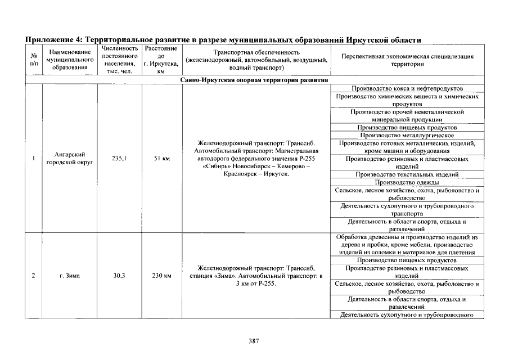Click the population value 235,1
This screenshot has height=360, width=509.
119,159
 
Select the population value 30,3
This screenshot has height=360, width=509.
119,276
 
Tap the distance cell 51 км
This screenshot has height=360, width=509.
161,159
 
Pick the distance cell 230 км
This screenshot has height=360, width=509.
161,276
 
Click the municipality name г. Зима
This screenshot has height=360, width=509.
69,276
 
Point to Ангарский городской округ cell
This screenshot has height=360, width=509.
69,159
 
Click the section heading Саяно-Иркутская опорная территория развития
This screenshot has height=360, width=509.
254,80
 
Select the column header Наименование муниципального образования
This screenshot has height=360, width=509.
69,60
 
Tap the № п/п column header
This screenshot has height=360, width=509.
34,60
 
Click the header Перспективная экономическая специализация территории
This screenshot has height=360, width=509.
407,60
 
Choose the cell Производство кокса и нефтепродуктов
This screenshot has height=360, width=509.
407,89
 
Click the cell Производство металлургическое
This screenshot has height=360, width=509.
407,135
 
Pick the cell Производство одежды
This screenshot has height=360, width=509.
407,182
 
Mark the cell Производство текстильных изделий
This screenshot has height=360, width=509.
407,174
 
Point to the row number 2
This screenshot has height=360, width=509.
34,276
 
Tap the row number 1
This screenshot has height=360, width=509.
34,159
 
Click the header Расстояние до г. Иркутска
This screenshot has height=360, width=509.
161,60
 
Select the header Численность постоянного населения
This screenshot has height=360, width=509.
119,60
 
